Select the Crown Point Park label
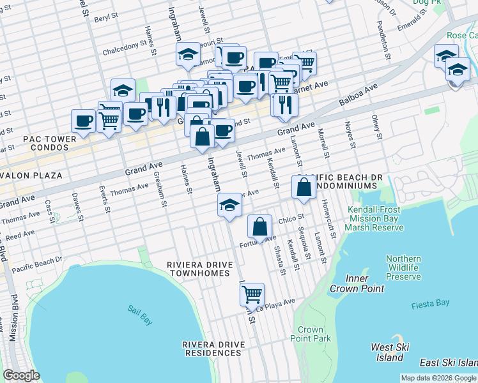(x=310, y=334)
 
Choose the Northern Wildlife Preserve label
(x=403, y=267)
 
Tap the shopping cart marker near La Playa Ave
(x=252, y=295)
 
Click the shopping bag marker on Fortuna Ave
(x=260, y=227)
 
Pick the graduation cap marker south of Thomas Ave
(x=229, y=205)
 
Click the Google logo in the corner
(x=22, y=375)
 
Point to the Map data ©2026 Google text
(x=438, y=378)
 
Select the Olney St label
(x=376, y=127)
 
